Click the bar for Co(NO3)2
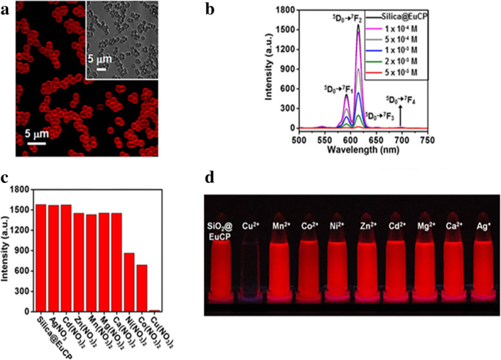coord(142,288)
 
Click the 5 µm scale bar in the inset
coord(102,70)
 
